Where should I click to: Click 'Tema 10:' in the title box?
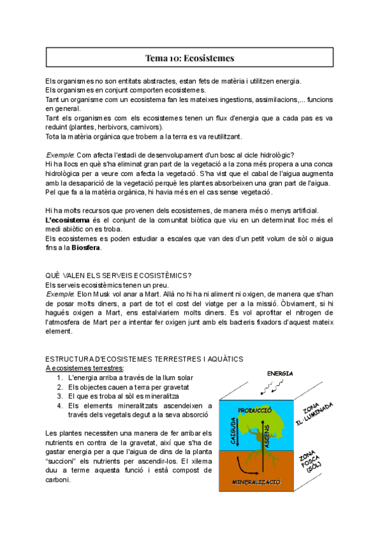click(161, 58)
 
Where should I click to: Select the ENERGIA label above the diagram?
click(279, 374)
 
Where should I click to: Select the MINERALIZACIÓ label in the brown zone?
click(256, 482)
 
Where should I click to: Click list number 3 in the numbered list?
click(59, 396)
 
